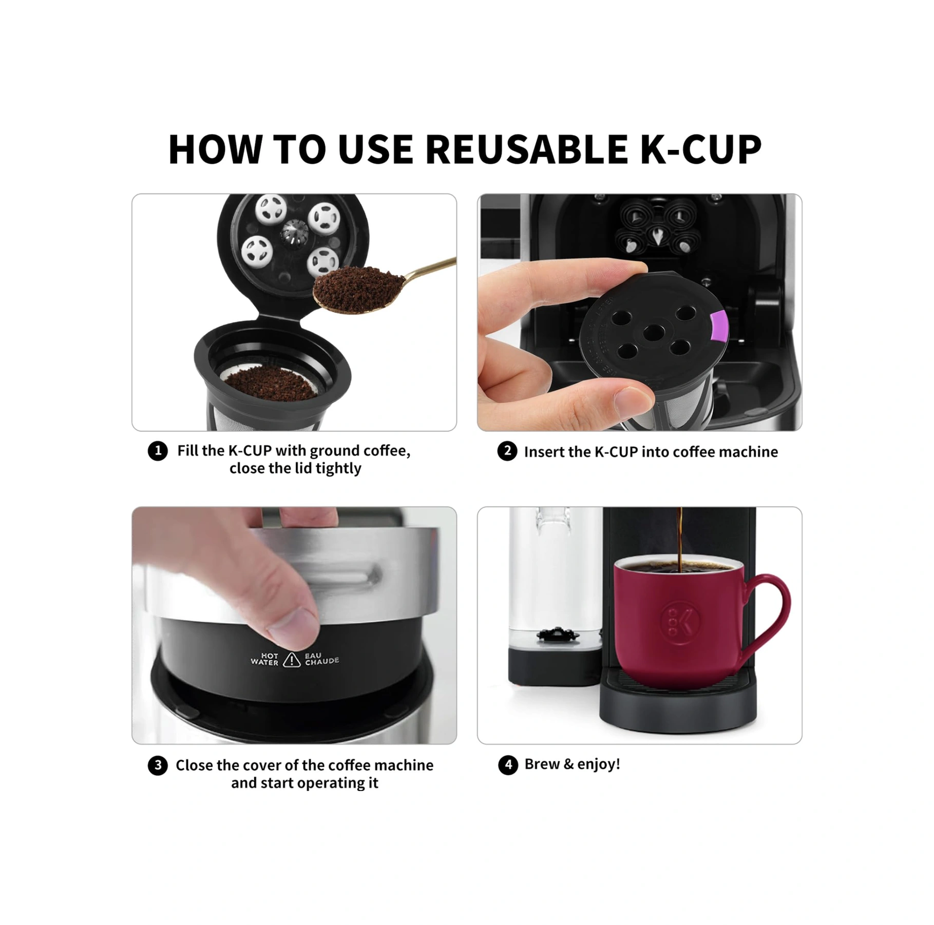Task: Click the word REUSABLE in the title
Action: (526, 149)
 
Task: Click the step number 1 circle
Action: (158, 451)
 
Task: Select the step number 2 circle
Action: (507, 451)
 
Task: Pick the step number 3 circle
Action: (158, 765)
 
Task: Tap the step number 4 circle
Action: (508, 765)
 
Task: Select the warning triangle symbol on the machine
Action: (292, 660)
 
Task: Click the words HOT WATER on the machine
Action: (264, 659)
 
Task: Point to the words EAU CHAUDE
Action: (321, 659)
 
